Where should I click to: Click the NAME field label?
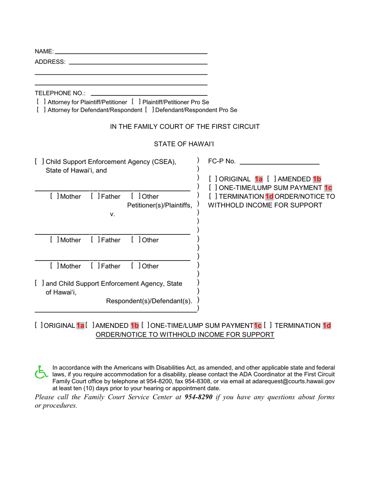(x=44, y=51)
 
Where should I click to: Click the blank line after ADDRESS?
(x=137, y=63)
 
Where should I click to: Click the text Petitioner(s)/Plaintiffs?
(x=159, y=205)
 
